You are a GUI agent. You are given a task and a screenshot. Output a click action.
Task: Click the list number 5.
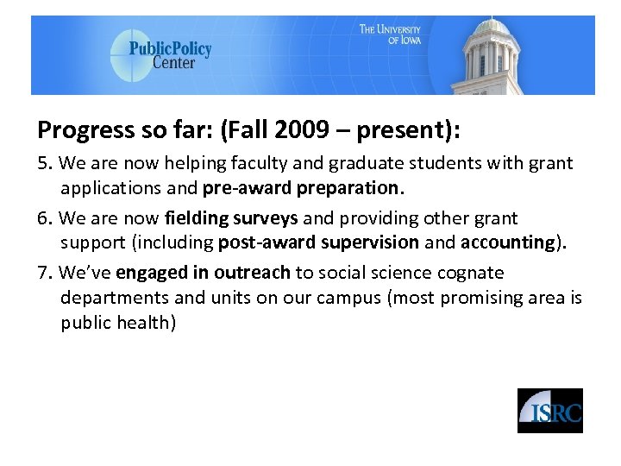pyautogui.click(x=44, y=163)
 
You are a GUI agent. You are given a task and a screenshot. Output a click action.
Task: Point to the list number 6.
pyautogui.click(x=44, y=218)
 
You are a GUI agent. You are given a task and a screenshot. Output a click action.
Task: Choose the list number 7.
pyautogui.click(x=44, y=273)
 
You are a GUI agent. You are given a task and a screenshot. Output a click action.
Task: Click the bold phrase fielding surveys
pyautogui.click(x=230, y=218)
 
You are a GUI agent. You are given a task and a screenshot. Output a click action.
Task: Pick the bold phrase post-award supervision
pyautogui.click(x=318, y=243)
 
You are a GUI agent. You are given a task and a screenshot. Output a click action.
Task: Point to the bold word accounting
pyautogui.click(x=507, y=243)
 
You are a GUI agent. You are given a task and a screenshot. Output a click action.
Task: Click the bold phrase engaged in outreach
pyautogui.click(x=203, y=273)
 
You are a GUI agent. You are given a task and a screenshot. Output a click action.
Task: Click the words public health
pyautogui.click(x=117, y=323)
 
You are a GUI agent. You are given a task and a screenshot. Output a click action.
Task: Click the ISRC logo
pyautogui.click(x=549, y=411)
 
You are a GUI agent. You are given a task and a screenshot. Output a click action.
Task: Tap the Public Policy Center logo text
pyautogui.click(x=170, y=54)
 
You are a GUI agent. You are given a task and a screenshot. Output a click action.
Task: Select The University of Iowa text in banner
pyautogui.click(x=391, y=35)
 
